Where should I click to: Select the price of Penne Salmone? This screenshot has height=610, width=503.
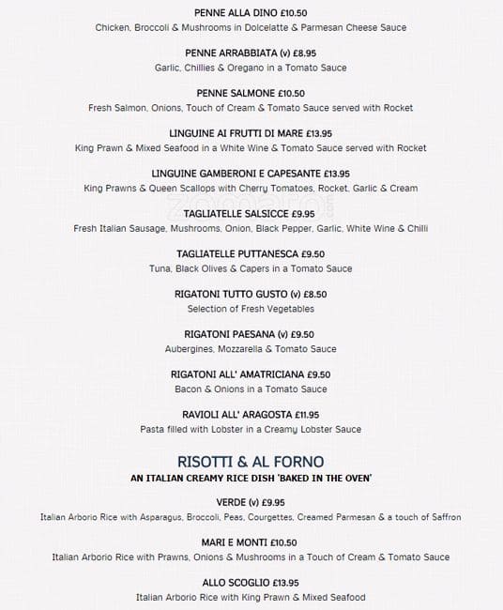tap(286, 94)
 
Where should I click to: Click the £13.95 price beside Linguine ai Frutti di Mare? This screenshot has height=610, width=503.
tap(312, 134)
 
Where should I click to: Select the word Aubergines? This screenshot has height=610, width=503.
tap(190, 349)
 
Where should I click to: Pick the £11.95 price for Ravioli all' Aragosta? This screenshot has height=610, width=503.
tap(307, 415)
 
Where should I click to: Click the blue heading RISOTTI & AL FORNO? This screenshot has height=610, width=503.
tap(251, 461)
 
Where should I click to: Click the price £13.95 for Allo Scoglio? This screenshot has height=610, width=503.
tap(281, 583)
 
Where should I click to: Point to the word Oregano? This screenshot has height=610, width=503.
tap(248, 68)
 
